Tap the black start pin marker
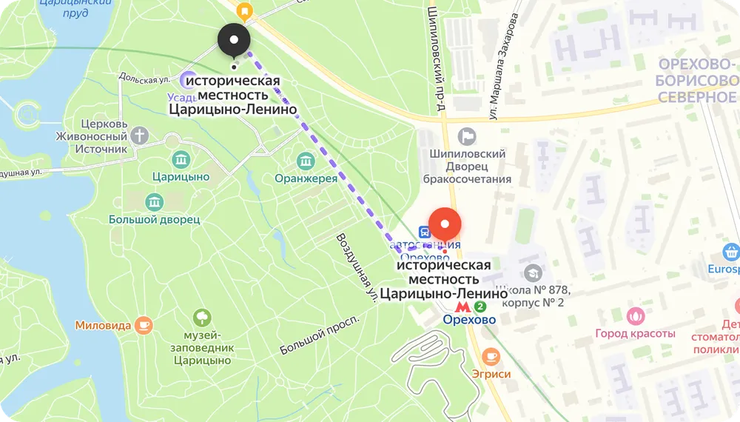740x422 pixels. pyautogui.click(x=234, y=40)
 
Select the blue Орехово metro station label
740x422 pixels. pyautogui.click(x=470, y=320)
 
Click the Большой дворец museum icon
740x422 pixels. pyautogui.click(x=154, y=202)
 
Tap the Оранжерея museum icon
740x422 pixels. pyautogui.click(x=306, y=161)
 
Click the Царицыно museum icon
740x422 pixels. pyautogui.click(x=181, y=159)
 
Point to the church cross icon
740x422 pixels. pyautogui.click(x=140, y=135)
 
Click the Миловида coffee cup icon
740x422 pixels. pyautogui.click(x=144, y=324)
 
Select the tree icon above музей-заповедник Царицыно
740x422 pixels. pyautogui.click(x=202, y=318)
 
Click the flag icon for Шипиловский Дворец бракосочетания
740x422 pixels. pyautogui.click(x=467, y=135)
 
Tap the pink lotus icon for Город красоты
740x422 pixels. pyautogui.click(x=635, y=316)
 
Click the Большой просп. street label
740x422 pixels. pyautogui.click(x=319, y=334)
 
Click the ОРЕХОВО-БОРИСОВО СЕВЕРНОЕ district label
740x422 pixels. pyautogui.click(x=696, y=81)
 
